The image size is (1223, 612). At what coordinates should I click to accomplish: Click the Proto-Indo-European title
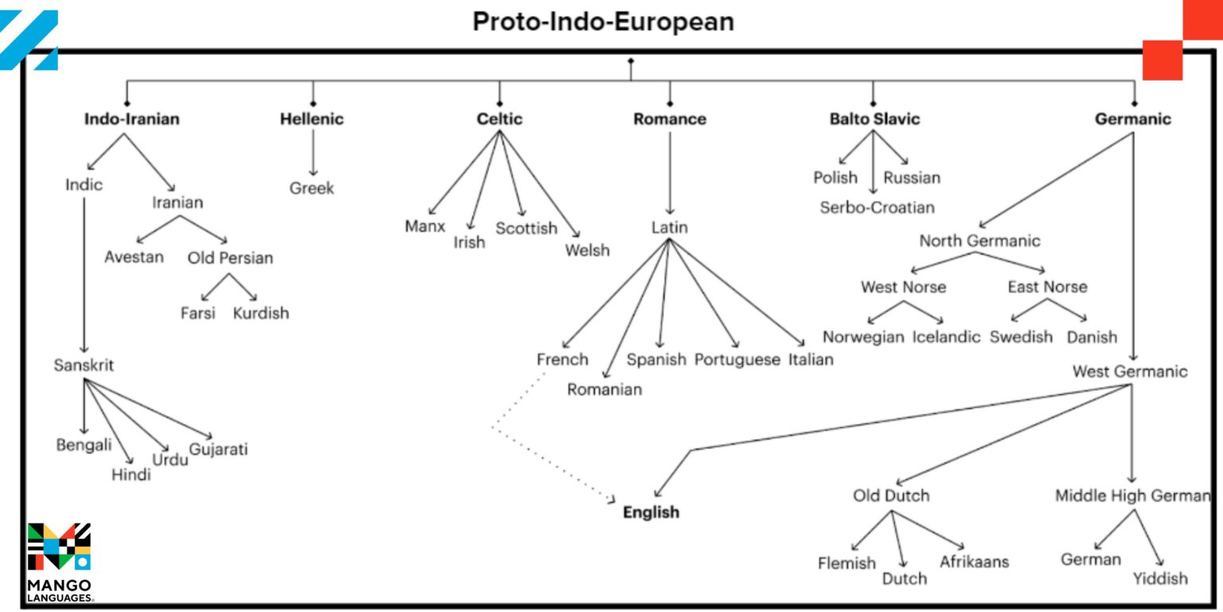click(603, 22)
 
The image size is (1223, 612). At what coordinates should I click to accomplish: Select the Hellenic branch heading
click(312, 119)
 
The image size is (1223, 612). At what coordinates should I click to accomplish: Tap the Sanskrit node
click(84, 365)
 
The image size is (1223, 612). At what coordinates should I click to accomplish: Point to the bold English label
click(651, 512)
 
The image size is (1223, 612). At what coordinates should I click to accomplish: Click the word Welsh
click(588, 250)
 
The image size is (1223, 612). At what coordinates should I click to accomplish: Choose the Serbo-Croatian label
click(877, 207)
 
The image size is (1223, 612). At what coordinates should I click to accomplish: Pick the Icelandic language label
click(946, 336)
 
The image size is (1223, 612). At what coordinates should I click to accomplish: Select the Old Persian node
click(230, 257)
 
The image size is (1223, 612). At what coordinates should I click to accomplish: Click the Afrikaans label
click(974, 561)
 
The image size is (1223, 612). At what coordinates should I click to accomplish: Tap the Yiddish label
click(1160, 578)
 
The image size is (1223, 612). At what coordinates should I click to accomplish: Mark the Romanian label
click(604, 390)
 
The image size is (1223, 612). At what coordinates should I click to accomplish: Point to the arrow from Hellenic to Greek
click(313, 152)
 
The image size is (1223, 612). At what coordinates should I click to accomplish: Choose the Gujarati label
click(218, 449)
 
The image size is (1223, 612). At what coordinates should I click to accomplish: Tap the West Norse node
click(903, 286)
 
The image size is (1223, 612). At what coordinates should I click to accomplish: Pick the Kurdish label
click(261, 312)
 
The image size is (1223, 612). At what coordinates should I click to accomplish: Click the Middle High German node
click(1132, 496)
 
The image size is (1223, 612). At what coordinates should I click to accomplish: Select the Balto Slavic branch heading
click(874, 119)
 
